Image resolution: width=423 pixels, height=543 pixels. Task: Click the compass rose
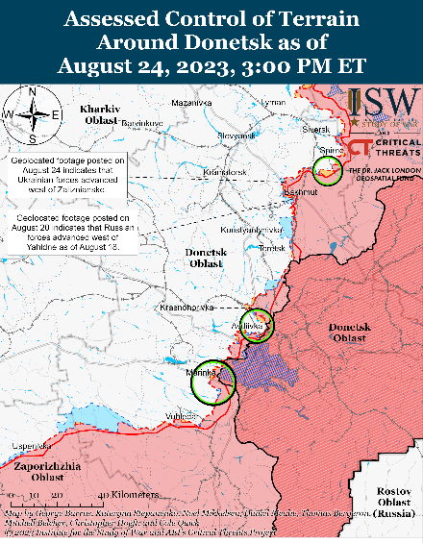pos(33,113)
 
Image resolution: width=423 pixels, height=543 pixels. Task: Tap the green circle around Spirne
pos(328,171)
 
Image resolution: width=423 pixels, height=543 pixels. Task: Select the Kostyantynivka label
pos(251,231)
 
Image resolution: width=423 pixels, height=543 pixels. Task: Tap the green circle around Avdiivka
pos(257,325)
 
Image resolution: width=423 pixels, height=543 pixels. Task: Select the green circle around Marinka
pos(211,382)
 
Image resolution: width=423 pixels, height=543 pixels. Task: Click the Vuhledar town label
pos(179,415)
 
